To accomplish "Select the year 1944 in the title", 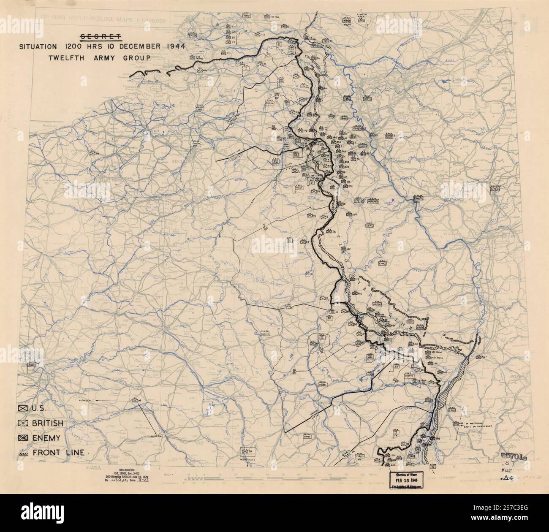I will [171, 46].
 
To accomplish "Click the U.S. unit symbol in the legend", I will [23, 408].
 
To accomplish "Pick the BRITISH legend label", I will [48, 423].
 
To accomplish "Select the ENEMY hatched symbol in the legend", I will [23, 438].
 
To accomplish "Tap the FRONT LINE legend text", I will [58, 453].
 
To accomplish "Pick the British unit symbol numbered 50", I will [93, 153].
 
